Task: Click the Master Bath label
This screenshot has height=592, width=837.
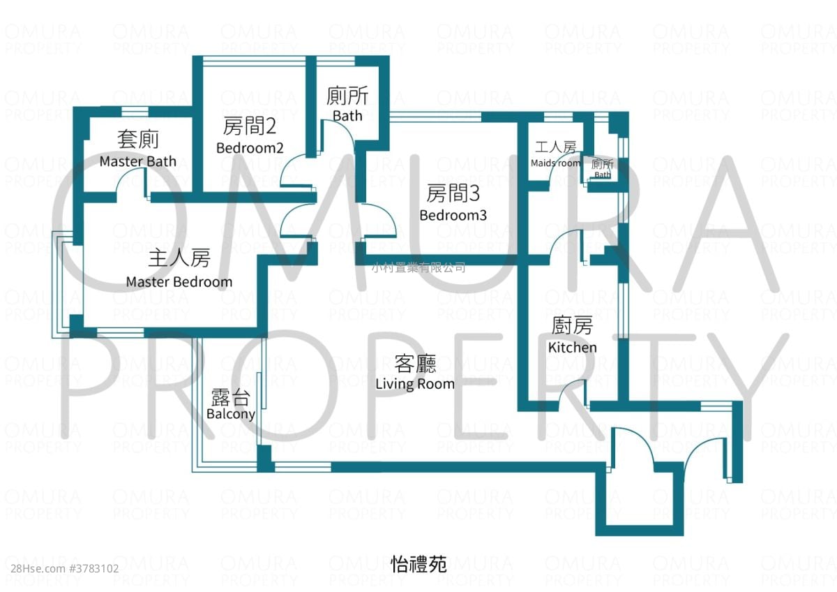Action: [137, 161]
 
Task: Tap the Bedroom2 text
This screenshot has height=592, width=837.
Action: [250, 148]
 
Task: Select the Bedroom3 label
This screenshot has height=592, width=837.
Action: [453, 215]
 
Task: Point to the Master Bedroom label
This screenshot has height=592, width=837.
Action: [179, 282]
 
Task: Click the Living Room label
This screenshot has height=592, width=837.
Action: [414, 383]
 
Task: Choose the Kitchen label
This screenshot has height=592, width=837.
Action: [572, 347]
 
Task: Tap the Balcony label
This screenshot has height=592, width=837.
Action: [231, 413]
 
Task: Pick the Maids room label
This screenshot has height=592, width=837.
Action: [555, 163]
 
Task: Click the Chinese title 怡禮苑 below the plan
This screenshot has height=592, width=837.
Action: [418, 564]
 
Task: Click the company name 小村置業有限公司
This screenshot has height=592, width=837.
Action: [418, 267]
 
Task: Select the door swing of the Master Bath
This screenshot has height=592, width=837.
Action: [130, 185]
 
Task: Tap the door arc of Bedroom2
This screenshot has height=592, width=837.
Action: [295, 172]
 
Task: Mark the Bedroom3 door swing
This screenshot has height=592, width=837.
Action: [381, 222]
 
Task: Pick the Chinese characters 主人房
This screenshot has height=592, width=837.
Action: [179, 258]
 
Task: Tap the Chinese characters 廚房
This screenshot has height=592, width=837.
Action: [572, 325]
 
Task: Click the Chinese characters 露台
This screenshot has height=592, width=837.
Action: [231, 397]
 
